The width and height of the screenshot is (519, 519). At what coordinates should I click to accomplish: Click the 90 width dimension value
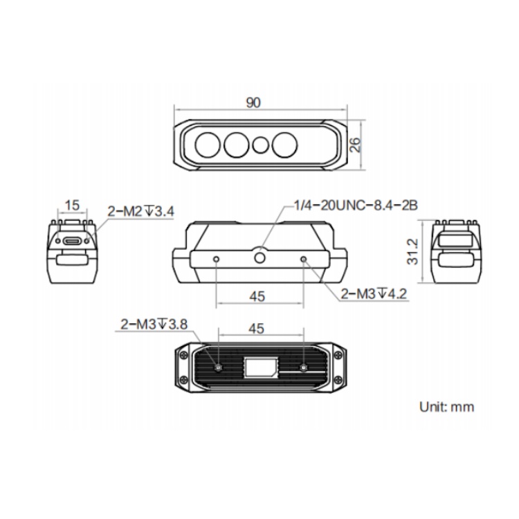pos(253,102)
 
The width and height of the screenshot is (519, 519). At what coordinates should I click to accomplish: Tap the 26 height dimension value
pos(355,145)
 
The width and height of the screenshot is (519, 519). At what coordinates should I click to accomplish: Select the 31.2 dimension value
pos(412,252)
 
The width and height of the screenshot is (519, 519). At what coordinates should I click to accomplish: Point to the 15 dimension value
pos(72,206)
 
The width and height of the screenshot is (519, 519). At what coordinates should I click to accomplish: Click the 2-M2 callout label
pos(140,211)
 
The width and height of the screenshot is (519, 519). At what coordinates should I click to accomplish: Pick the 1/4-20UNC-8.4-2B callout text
pos(356,206)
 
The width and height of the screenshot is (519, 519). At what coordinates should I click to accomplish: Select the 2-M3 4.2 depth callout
pos(374,293)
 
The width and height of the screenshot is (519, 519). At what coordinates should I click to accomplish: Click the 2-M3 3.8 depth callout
pos(154,324)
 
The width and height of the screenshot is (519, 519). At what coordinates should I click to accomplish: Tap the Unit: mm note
pos(446,407)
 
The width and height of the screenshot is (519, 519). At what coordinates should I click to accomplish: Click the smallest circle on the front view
pos(260,145)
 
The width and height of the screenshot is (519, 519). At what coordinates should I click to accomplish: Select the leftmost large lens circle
pos(208,145)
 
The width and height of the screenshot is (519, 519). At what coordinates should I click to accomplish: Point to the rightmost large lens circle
pos(284,145)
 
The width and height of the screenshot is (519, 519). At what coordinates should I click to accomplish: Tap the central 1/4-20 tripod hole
pos(259,257)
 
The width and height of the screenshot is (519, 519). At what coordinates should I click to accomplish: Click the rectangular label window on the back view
pos(261,367)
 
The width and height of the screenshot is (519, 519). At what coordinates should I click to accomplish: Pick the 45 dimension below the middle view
pos(257,296)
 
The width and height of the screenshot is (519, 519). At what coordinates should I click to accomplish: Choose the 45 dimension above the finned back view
pos(256,329)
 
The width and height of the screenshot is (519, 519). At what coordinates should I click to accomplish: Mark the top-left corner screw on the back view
pos(183,356)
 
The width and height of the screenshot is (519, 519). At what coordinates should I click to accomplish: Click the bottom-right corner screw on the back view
pos(338,379)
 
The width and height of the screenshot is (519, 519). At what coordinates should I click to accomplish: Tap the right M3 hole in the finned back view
pos(304,367)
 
